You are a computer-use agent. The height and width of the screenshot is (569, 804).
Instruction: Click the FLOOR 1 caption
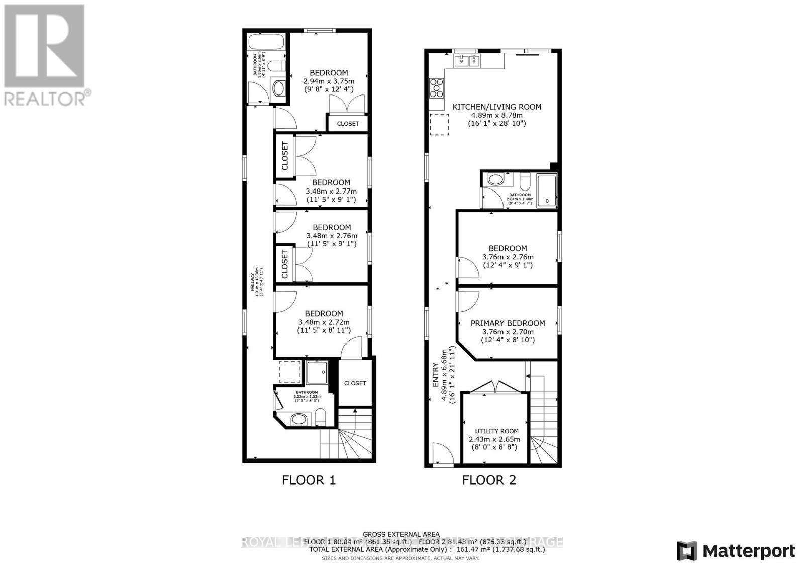coord(309,480)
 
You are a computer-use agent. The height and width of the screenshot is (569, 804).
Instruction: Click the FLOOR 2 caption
coord(489,480)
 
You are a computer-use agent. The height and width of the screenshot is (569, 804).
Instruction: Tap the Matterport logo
coord(736,551)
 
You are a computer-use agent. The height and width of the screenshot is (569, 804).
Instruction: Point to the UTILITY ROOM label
coord(496,431)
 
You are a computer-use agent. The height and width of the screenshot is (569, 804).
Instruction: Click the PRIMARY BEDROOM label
coord(508,323)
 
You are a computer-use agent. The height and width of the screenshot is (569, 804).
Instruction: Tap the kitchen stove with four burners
coord(436,88)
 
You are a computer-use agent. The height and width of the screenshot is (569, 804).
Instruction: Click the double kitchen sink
coord(467,61)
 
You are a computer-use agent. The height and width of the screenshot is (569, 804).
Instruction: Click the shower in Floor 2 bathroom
coord(547,191)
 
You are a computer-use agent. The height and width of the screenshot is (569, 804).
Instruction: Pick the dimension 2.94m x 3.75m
coord(329,81)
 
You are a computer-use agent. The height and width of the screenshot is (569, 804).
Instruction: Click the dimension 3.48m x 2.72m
coord(324,322)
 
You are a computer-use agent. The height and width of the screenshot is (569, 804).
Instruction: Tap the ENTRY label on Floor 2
coord(436,375)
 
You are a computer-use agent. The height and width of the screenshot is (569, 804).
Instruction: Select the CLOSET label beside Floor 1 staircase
coord(355,383)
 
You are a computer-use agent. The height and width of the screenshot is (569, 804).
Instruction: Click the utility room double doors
coord(494,387)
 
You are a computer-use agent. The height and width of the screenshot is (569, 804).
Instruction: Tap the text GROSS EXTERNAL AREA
coord(401,534)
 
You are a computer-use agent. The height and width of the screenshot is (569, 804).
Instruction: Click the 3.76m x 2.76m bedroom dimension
coord(508,257)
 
